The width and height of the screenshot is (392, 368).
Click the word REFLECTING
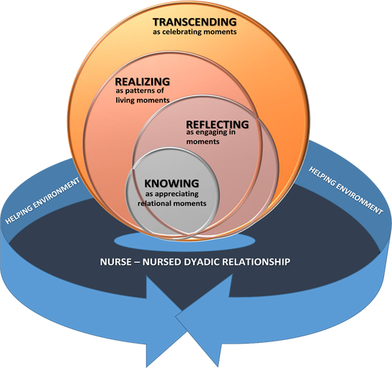(x=216, y=124)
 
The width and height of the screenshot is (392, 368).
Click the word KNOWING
(x=171, y=183)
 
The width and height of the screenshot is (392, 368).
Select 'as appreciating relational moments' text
(x=171, y=198)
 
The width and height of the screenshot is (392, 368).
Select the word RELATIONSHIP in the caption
(x=259, y=262)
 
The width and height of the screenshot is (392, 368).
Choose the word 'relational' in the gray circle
(x=156, y=203)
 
